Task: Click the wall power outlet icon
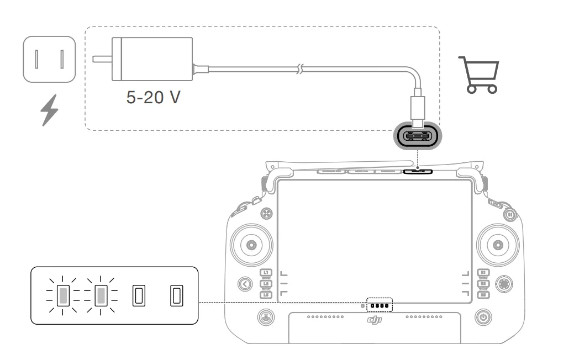(x=48, y=59)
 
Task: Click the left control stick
(x=251, y=244)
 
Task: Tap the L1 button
(x=266, y=273)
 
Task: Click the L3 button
(x=266, y=295)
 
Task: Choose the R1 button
(x=482, y=273)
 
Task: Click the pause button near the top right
(x=510, y=215)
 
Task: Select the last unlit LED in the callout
(x=176, y=295)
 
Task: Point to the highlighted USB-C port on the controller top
(x=418, y=171)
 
